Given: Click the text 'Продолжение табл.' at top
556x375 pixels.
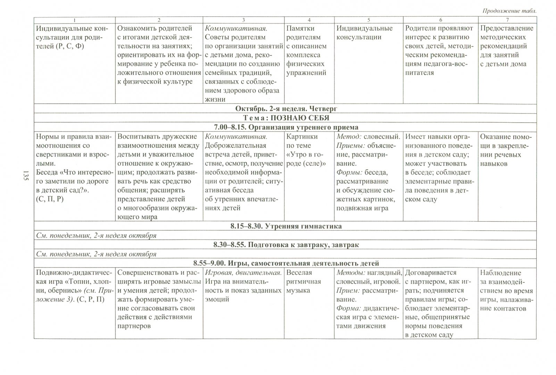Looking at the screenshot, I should (509, 11).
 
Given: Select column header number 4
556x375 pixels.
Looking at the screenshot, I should (309, 20).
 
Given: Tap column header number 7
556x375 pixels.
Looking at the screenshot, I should (507, 20).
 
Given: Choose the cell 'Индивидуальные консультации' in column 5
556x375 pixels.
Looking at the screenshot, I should (364, 33).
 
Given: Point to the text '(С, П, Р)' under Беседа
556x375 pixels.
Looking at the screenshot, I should (50, 199).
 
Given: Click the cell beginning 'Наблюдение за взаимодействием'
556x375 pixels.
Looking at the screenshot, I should (506, 291).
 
